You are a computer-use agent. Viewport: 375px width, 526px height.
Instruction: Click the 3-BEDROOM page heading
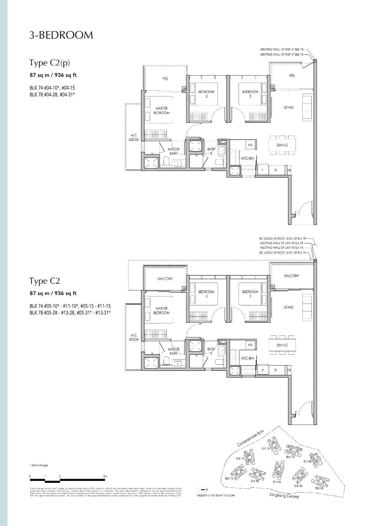61,35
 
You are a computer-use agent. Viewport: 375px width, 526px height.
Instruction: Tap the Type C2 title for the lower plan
45,281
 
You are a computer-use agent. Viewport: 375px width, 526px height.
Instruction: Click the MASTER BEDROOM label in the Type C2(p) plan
161,110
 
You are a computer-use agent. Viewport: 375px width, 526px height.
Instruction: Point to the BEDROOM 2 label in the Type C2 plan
207,294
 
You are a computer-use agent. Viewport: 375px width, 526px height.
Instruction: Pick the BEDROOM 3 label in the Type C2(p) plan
250,94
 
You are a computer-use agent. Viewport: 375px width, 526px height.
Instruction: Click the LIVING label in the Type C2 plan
288,307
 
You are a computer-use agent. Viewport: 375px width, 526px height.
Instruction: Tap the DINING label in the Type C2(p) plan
282,145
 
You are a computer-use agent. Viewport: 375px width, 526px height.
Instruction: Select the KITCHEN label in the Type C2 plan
247,358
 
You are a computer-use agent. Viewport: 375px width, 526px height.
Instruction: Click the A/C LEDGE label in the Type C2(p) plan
134,138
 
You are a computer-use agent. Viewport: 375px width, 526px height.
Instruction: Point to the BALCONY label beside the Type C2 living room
292,276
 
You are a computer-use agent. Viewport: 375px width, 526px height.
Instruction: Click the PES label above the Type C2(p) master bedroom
165,79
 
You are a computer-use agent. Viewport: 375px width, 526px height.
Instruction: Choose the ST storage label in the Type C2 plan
275,370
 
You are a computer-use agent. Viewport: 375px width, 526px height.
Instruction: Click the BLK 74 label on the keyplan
240,458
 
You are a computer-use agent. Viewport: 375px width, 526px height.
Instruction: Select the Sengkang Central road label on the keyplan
284,496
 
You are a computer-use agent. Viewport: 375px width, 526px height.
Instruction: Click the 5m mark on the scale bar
105,476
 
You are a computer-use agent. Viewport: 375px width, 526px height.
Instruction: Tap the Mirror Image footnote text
39,465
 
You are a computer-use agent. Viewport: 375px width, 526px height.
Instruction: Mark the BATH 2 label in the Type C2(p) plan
211,151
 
